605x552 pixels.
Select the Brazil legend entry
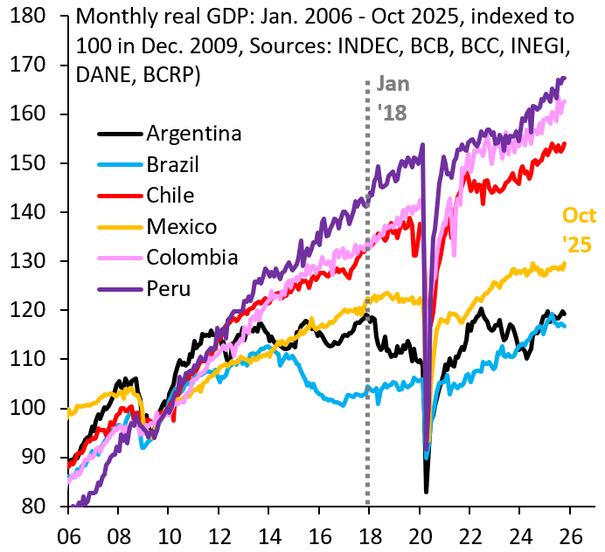coord(173,164)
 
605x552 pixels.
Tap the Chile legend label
coord(170,195)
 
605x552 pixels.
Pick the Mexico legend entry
coord(181,226)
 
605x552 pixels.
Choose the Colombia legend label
coord(191,257)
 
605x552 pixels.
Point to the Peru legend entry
coord(168,287)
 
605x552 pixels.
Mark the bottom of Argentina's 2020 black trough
coord(426,492)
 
